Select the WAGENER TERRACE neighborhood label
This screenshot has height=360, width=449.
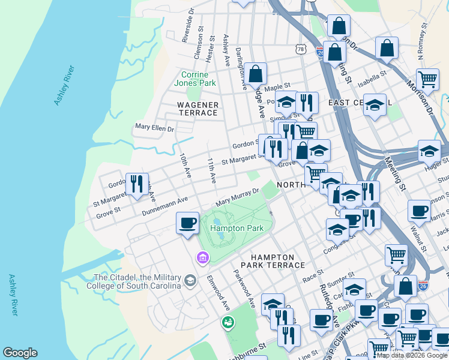click(197, 108)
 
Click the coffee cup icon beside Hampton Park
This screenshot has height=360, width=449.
click(187, 224)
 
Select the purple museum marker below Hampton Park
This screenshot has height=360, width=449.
click(202, 258)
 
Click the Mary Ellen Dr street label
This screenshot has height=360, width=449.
click(154, 128)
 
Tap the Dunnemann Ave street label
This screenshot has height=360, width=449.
click(165, 206)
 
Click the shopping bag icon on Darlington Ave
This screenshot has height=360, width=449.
click(255, 74)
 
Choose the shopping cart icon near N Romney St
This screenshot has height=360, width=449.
click(427, 79)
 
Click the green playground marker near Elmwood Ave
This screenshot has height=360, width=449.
click(228, 323)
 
